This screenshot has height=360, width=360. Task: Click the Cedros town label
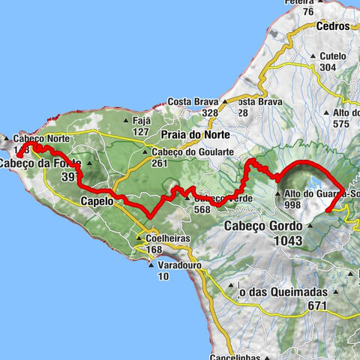[333, 25]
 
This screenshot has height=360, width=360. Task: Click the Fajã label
[141, 120]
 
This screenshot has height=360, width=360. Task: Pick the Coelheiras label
[163, 239]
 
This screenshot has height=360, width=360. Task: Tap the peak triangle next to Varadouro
[151, 265]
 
